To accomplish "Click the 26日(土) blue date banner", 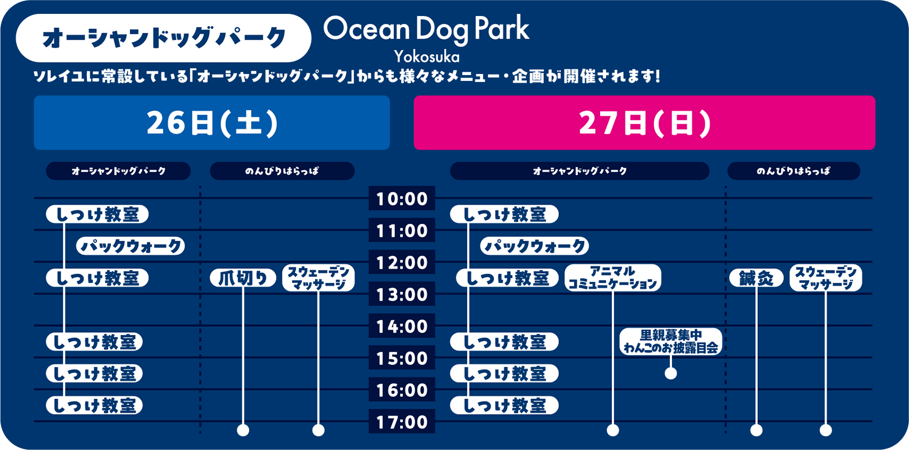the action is coord(212,123).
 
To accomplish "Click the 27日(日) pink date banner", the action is coord(645,123).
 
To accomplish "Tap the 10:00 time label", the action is coord(402,198).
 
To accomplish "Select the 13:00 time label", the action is coord(402,294).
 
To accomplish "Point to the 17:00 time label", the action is coord(402,422).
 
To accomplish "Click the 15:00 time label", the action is coord(402,358).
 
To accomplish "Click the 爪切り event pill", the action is coord(243,278).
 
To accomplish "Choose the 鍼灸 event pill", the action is coord(756,278).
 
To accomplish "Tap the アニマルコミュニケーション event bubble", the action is coord(613,277).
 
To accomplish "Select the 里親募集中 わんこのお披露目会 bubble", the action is coord(670,341).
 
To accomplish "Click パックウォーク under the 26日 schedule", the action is coord(131,246).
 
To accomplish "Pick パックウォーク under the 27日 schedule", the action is coord(534,246).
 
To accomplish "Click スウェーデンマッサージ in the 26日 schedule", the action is coord(318,277).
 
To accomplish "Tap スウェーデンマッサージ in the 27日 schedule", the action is coord(826,277).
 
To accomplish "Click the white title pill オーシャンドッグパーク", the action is coord(163,38).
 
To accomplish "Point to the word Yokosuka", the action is coord(427,56).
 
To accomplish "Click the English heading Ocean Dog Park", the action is coord(426,29).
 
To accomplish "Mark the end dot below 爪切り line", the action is coord(243,430).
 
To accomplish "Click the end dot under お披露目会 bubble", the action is coord(670,373).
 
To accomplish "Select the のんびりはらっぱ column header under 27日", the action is coord(794,171).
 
